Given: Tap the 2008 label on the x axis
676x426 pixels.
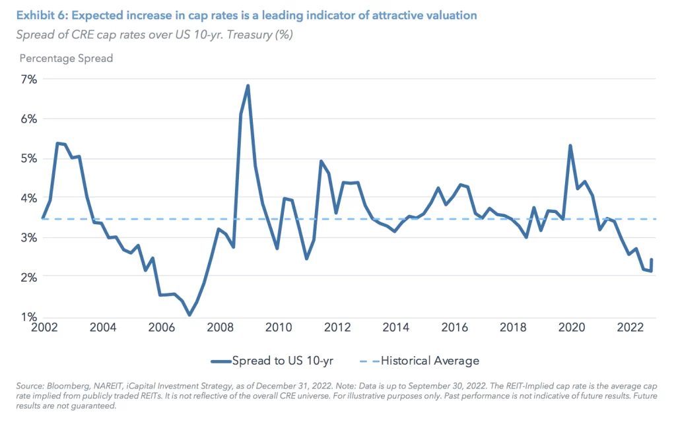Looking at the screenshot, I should click(x=219, y=328).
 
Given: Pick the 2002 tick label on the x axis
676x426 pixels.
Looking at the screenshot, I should click(x=43, y=328).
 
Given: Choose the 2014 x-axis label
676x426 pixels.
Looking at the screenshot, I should click(x=395, y=328).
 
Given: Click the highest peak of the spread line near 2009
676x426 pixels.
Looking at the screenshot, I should click(x=248, y=86).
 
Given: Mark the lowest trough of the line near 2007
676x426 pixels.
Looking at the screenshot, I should click(x=189, y=315).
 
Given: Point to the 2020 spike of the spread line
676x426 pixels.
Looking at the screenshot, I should click(x=570, y=146).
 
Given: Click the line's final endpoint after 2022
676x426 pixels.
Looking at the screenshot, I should click(x=652, y=259).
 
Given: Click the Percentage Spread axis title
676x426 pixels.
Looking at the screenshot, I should click(x=66, y=58).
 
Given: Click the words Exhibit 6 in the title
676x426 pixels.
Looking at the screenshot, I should click(x=42, y=15).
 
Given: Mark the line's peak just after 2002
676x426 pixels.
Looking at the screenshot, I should click(x=58, y=143).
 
